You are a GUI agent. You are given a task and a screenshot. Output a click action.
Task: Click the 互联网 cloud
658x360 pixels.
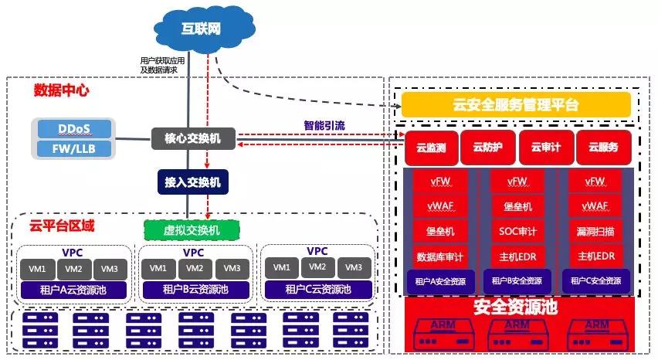coord(202,29)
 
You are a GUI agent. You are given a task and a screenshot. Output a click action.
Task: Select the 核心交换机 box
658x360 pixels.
coord(193,139)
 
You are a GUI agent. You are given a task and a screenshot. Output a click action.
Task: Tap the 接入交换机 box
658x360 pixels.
coord(193,182)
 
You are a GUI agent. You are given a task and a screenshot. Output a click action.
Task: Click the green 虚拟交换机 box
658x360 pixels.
coord(193,229)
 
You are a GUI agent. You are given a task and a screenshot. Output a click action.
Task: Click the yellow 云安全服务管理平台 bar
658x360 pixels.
coord(516,105)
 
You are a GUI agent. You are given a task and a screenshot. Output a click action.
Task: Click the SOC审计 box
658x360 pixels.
coord(517,231)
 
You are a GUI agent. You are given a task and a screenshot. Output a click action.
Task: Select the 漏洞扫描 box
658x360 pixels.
coord(595,231)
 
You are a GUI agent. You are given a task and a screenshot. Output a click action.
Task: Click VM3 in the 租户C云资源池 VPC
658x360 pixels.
coord(353,268)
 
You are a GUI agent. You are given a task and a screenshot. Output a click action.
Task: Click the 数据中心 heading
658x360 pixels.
coord(61,90)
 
